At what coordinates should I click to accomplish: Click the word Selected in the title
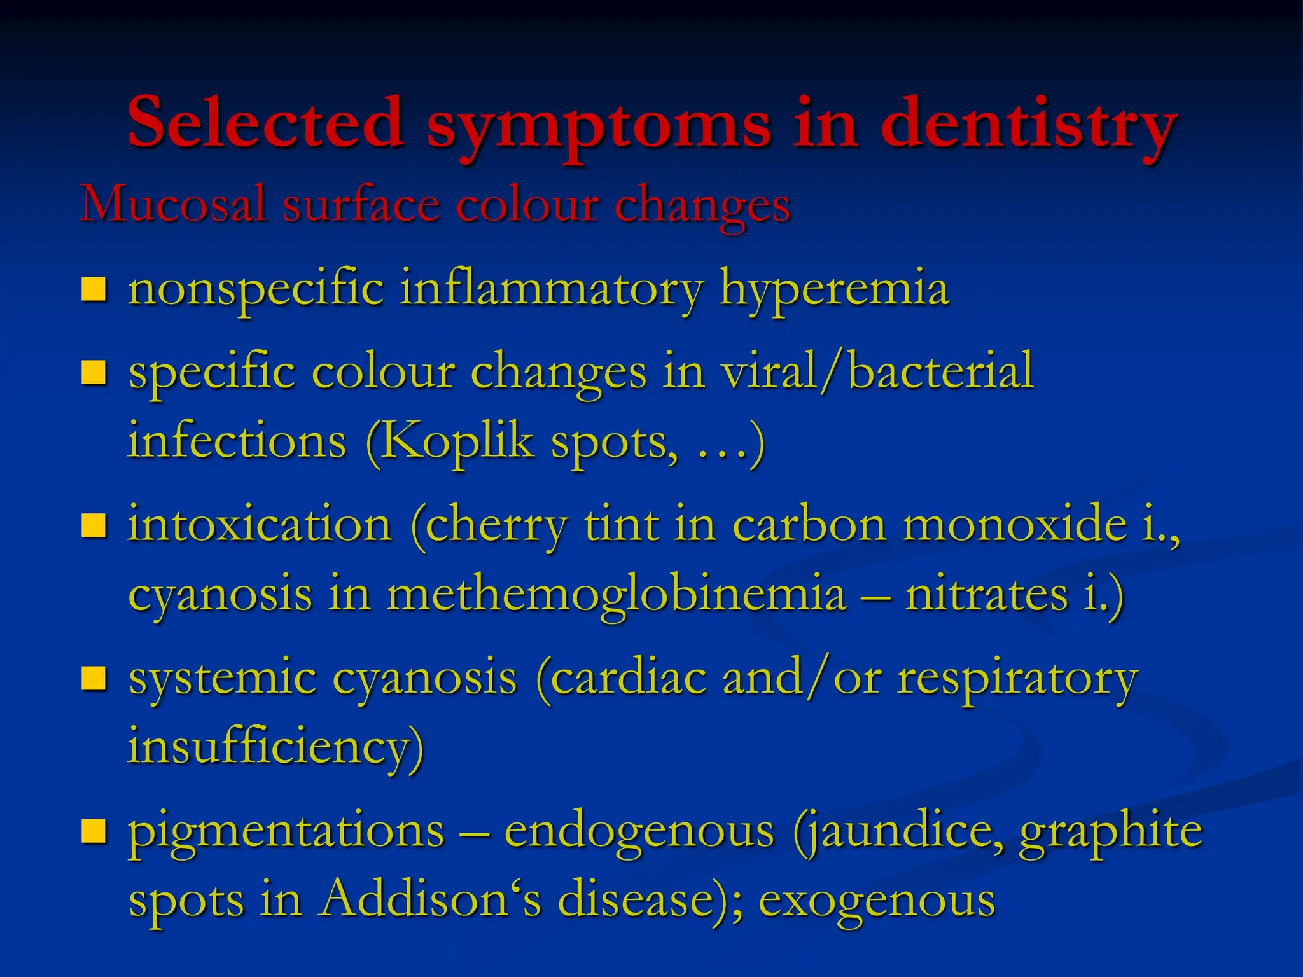[265, 123]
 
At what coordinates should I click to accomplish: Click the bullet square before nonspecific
[94, 289]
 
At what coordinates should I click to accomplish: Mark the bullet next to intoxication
[94, 525]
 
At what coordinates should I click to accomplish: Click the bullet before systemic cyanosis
[94, 678]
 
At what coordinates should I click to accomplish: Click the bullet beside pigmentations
[94, 830]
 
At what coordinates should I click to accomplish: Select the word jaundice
[898, 831]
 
